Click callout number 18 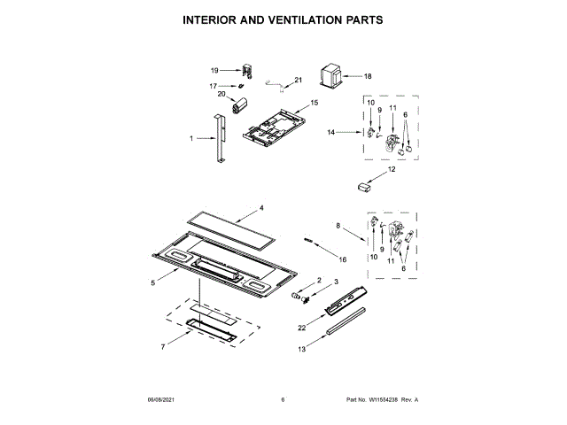368,76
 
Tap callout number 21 298,81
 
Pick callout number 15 314,103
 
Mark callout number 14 331,132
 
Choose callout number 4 261,209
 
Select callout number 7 162,347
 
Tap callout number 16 343,259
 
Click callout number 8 338,227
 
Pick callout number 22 301,328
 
